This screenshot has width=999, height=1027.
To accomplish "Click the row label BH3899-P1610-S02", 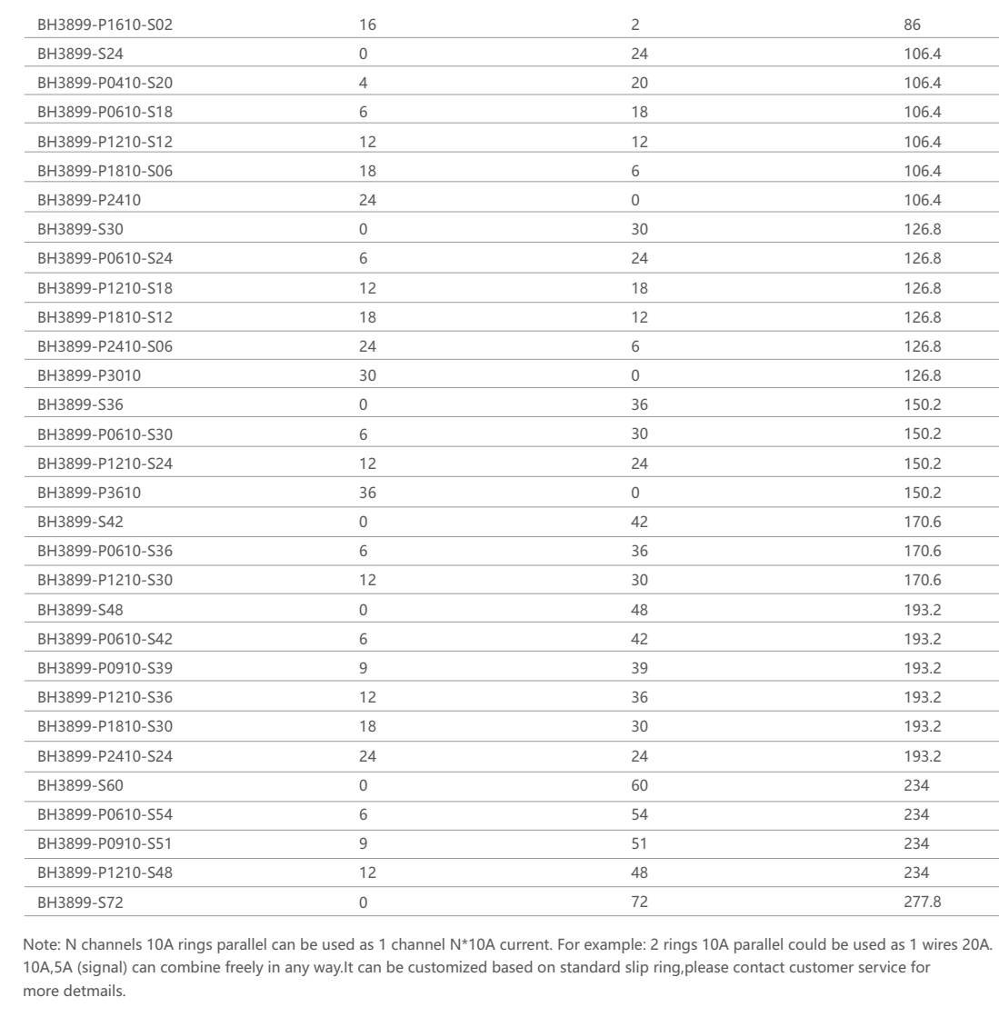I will coord(105,25).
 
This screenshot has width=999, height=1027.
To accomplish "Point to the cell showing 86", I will coord(913,25).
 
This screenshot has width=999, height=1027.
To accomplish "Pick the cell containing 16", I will coord(367,25).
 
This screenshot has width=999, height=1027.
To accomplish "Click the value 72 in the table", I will coord(639,902).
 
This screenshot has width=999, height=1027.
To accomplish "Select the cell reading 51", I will coord(639,843).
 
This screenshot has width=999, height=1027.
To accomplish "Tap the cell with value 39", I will coord(639,668).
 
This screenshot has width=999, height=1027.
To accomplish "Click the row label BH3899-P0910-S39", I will coord(105,668).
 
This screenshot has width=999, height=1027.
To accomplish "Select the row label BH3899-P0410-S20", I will coord(105,83).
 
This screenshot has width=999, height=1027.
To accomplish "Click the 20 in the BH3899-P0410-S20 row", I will coord(639,83).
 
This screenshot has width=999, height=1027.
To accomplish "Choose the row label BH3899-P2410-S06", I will coord(105,346).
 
